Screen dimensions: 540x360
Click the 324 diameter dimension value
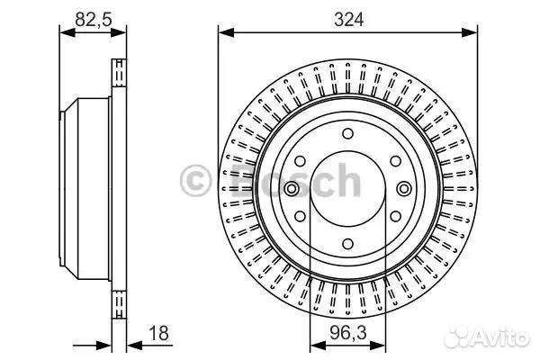pyautogui.click(x=348, y=19)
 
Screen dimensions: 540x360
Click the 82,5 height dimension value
pyautogui.click(x=94, y=19)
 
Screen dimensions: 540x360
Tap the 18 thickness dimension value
pyautogui.click(x=158, y=333)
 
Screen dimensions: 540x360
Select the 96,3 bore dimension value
pyautogui.click(x=348, y=333)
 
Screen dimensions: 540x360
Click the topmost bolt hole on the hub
pyautogui.click(x=347, y=134)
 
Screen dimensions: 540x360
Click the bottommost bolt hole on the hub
pyautogui.click(x=347, y=244)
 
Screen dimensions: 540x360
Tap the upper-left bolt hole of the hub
pyautogui.click(x=300, y=161)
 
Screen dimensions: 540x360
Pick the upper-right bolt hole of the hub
pyautogui.click(x=396, y=161)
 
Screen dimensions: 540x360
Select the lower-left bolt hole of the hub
pyautogui.click(x=300, y=216)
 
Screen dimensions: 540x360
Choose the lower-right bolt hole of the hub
pyautogui.click(x=396, y=216)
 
